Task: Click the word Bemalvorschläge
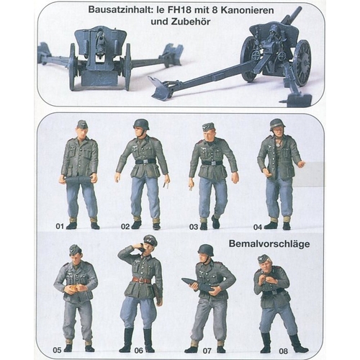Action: pyautogui.click(x=269, y=244)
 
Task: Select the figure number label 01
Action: pyautogui.click(x=60, y=226)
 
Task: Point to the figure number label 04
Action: pyautogui.click(x=258, y=227)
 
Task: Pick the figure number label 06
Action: pyautogui.click(x=138, y=351)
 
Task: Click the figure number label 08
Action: pyautogui.click(x=283, y=351)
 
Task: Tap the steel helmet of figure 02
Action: pyautogui.click(x=141, y=124)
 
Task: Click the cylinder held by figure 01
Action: pyautogui.click(x=78, y=180)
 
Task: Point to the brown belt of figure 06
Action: pyautogui.click(x=142, y=280)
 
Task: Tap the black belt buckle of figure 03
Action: pyautogui.click(x=213, y=163)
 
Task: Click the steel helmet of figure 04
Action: pyautogui.click(x=277, y=124)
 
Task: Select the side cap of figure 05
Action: pyautogui.click(x=75, y=250)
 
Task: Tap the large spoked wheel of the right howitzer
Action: pyautogui.click(x=302, y=63)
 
